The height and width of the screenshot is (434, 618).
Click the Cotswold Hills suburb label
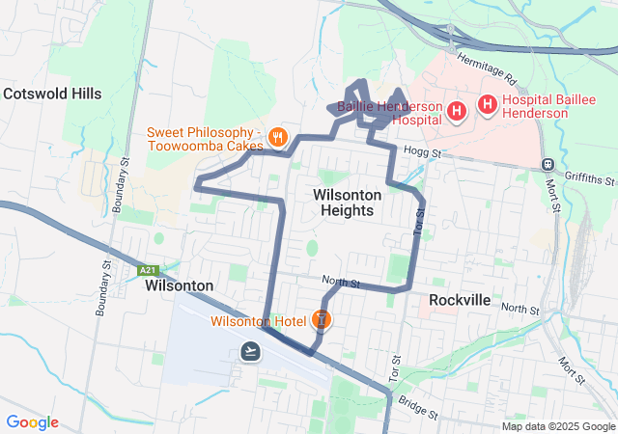(52, 94)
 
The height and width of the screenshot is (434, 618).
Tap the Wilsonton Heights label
(348, 203)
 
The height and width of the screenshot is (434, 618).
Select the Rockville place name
(460, 300)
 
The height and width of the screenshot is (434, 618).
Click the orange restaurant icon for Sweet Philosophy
(278, 137)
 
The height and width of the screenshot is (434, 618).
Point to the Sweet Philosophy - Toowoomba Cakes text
(205, 138)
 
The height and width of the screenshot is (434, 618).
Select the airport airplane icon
(251, 350)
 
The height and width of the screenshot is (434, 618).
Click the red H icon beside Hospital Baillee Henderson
(489, 102)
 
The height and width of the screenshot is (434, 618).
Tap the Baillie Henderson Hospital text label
(390, 112)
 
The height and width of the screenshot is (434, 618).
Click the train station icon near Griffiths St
(548, 165)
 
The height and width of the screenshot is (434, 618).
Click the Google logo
(32, 422)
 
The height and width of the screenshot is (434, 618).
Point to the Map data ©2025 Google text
(557, 426)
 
